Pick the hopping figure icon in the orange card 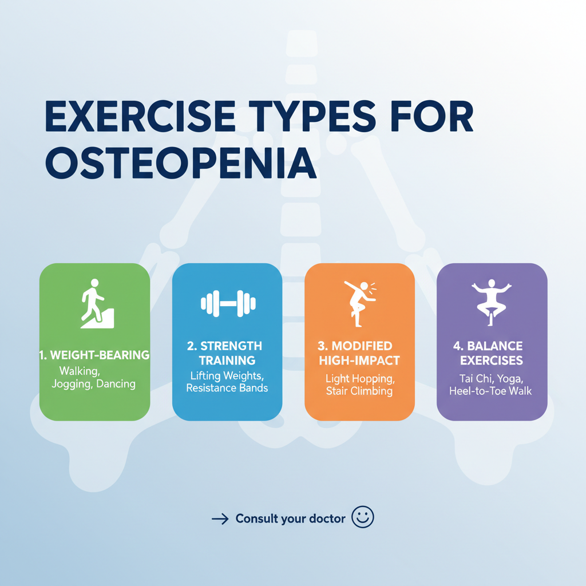click(359, 303)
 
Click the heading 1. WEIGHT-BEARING click(94, 355)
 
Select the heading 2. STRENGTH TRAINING click(227, 353)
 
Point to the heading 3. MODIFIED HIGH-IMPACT click(359, 353)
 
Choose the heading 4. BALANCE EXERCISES click(492, 353)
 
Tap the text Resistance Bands click(227, 388)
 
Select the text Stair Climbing click(359, 391)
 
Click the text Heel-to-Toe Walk click(492, 391)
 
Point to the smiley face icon click(362, 517)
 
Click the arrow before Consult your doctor click(220, 519)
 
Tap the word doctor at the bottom click(325, 518)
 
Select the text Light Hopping click(359, 378)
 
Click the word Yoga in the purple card click(509, 378)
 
